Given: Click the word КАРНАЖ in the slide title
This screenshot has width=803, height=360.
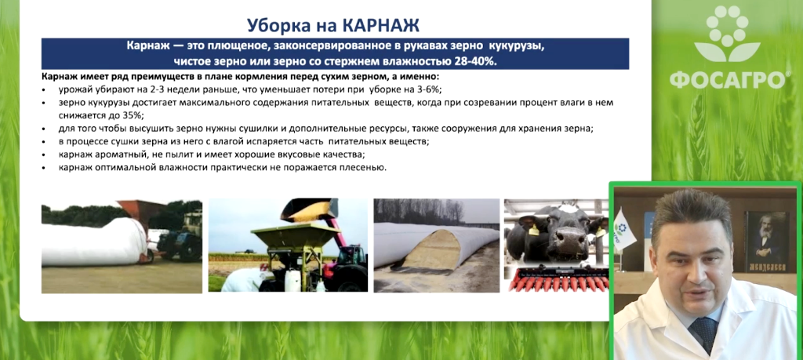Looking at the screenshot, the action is pyautogui.click(x=383, y=25).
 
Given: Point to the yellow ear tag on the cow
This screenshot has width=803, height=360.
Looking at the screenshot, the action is pyautogui.click(x=534, y=230).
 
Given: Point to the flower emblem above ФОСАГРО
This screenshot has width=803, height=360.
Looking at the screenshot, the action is pyautogui.click(x=727, y=33).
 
